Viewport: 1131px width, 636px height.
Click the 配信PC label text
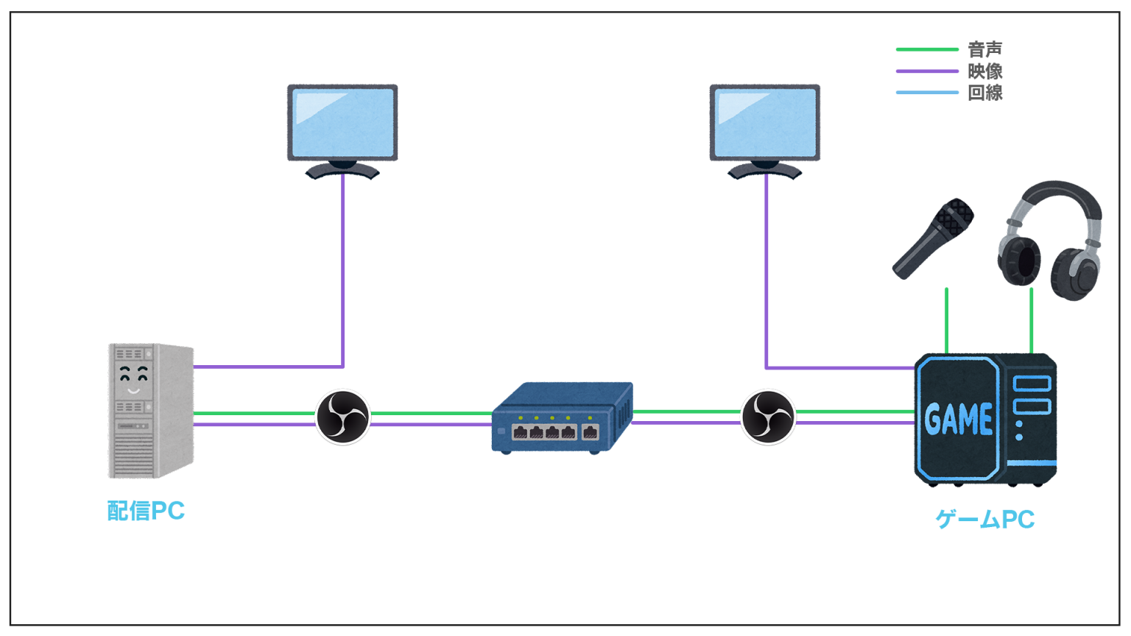pos(146,511)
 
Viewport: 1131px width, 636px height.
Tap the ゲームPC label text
pos(984,520)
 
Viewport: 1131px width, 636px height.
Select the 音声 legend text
pos(984,50)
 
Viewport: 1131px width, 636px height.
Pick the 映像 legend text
pos(984,71)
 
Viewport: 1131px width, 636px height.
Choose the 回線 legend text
pos(984,93)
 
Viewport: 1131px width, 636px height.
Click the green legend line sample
pos(926,49)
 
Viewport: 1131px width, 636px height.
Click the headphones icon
pos(1051,240)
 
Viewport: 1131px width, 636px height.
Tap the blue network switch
pos(562,417)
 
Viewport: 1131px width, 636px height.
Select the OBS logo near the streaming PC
pos(343,417)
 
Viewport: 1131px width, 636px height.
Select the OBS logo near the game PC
pos(768,417)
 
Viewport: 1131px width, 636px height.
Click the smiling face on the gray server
pos(133,379)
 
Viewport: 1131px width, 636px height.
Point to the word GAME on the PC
pos(958,420)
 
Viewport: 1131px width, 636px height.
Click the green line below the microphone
pos(946,320)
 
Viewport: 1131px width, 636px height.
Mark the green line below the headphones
pos(1031,320)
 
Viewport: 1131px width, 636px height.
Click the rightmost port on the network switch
pos(590,432)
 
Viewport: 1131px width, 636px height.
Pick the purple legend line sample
pos(926,71)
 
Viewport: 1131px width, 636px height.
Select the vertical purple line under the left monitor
pos(342,272)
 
